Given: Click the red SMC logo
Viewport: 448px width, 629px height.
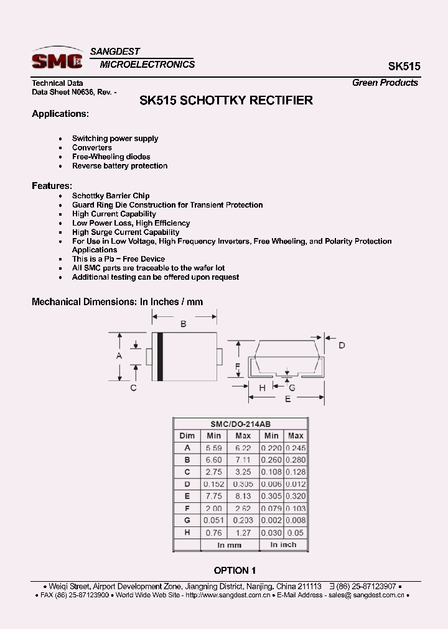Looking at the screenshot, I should click(x=57, y=60).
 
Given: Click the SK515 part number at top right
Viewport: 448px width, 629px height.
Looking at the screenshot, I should click(x=404, y=67).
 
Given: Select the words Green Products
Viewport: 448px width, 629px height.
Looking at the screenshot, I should click(x=385, y=83).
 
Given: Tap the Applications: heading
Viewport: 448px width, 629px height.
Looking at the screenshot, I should click(x=60, y=114).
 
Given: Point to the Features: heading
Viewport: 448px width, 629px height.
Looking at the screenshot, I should click(x=52, y=186).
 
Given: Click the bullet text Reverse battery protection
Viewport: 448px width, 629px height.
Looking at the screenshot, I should click(x=119, y=166).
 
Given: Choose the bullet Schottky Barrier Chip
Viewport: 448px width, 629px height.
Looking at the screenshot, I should click(x=111, y=196).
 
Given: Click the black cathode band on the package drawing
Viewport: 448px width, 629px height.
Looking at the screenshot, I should click(x=160, y=356).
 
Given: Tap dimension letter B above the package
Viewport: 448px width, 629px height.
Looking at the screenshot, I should click(x=184, y=324).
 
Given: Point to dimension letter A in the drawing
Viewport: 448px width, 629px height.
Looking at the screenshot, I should click(x=119, y=356).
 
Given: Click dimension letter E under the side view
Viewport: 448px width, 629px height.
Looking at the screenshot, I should click(x=287, y=400).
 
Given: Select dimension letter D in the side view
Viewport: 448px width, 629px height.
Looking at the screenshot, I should click(x=342, y=346).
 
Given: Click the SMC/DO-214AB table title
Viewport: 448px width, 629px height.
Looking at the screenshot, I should click(x=240, y=424).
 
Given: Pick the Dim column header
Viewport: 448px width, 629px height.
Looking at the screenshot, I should click(x=187, y=436).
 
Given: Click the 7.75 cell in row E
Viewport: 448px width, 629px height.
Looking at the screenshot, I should click(x=214, y=496).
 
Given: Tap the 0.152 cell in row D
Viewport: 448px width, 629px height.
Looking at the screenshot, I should click(x=214, y=484).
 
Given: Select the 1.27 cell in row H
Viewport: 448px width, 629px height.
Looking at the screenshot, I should click(x=243, y=532).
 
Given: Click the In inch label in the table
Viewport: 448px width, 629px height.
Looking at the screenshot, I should click(x=284, y=544).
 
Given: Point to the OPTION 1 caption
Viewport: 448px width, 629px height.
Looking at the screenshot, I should click(x=235, y=570).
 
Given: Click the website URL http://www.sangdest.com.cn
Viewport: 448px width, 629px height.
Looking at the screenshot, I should click(x=228, y=595).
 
